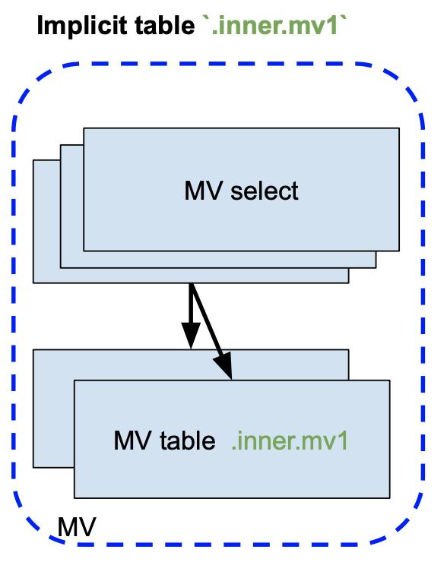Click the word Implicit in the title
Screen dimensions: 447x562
point(83,26)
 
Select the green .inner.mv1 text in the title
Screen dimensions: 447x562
point(274,25)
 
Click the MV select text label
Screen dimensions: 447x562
point(241,191)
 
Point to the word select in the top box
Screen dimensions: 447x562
point(265,191)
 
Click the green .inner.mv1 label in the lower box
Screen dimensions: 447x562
point(290,440)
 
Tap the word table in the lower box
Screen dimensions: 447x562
point(188,440)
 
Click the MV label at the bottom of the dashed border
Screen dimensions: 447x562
point(77,527)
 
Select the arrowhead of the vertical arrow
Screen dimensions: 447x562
point(191,335)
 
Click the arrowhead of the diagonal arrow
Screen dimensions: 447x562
point(223,365)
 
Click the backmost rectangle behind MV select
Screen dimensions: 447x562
point(46,222)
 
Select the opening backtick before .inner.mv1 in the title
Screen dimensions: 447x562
point(206,18)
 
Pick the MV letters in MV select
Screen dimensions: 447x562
point(204,191)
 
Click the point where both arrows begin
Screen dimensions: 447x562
point(191,284)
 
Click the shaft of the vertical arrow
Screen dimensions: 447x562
point(191,303)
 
